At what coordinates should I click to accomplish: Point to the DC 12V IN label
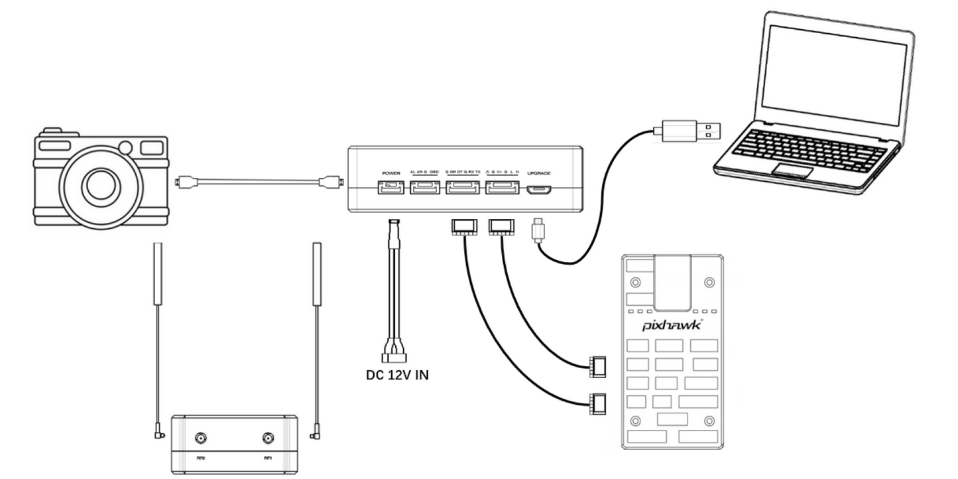[398, 375]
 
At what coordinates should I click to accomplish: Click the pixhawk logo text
[672, 326]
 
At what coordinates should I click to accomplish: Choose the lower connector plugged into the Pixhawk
[597, 402]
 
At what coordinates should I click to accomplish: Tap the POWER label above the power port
[388, 172]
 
